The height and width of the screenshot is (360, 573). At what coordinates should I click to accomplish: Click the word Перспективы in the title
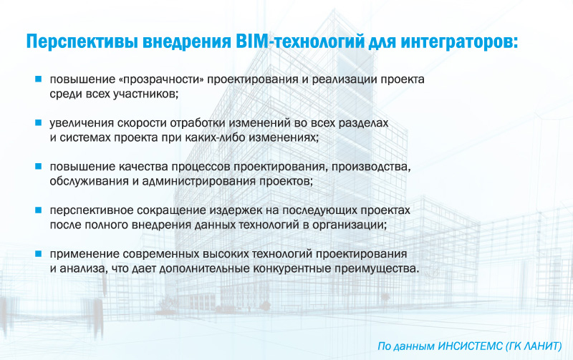tap(81, 42)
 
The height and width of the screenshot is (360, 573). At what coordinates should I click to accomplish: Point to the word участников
tap(145, 94)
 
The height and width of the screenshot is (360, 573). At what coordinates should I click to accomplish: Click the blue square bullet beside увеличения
tap(39, 122)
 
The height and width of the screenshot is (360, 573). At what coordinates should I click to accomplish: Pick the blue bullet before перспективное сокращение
tap(39, 210)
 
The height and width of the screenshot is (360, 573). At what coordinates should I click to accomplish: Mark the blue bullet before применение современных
tap(39, 254)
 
